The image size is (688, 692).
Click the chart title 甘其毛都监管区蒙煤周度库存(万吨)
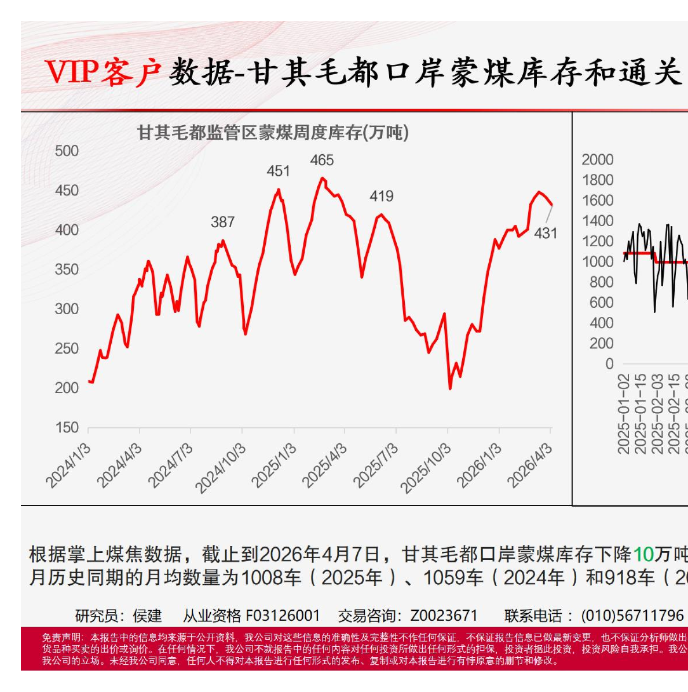pos(272,133)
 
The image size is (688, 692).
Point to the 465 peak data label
pos(322,160)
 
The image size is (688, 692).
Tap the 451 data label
pos(278,171)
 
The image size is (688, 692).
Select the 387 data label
pos(222,222)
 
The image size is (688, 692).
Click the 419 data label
pos(382,196)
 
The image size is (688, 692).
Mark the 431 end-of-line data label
pos(546,234)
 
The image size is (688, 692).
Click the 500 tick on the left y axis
pos(67,151)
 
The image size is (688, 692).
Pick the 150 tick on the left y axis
pos(67,428)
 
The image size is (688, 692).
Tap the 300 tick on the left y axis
pos(67,309)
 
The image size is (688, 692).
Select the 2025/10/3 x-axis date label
pos(425,469)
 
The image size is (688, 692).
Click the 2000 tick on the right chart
pos(597,160)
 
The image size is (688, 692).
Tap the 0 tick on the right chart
pos(609,364)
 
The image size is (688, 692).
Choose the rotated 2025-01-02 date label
pos(623,413)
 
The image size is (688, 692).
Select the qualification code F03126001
pos(283,615)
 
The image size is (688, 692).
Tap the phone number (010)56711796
pos(632,615)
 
